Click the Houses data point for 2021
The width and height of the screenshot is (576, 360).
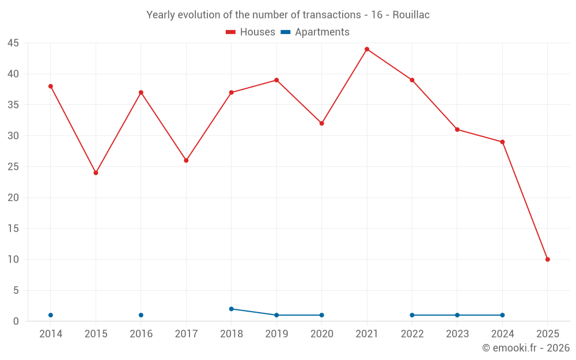pyautogui.click(x=367, y=49)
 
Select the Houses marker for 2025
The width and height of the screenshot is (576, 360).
pyautogui.click(x=548, y=259)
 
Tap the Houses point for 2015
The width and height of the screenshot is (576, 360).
pyautogui.click(x=96, y=173)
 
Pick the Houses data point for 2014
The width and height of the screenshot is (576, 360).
pyautogui.click(x=51, y=86)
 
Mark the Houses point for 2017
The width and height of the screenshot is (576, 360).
pyautogui.click(x=186, y=160)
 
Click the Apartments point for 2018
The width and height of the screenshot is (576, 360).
pyautogui.click(x=232, y=309)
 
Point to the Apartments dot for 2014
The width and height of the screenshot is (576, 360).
pyautogui.click(x=51, y=315)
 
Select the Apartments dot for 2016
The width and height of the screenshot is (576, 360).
pyautogui.click(x=141, y=315)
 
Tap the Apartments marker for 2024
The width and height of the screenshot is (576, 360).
pyautogui.click(x=502, y=315)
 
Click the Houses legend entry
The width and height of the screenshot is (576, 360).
pyautogui.click(x=251, y=32)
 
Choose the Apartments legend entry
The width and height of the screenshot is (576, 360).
pyautogui.click(x=315, y=32)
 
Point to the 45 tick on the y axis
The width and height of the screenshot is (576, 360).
pyautogui.click(x=13, y=43)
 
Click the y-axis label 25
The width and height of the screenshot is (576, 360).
pyautogui.click(x=13, y=167)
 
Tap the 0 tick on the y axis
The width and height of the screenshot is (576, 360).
pyautogui.click(x=16, y=321)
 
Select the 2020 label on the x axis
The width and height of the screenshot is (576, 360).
pyautogui.click(x=322, y=334)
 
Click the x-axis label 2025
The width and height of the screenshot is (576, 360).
pyautogui.click(x=548, y=334)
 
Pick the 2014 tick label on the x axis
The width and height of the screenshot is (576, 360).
pyautogui.click(x=51, y=334)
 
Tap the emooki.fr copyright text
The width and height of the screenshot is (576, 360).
pyautogui.click(x=526, y=348)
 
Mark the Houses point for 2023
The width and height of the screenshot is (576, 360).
pyautogui.click(x=457, y=130)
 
